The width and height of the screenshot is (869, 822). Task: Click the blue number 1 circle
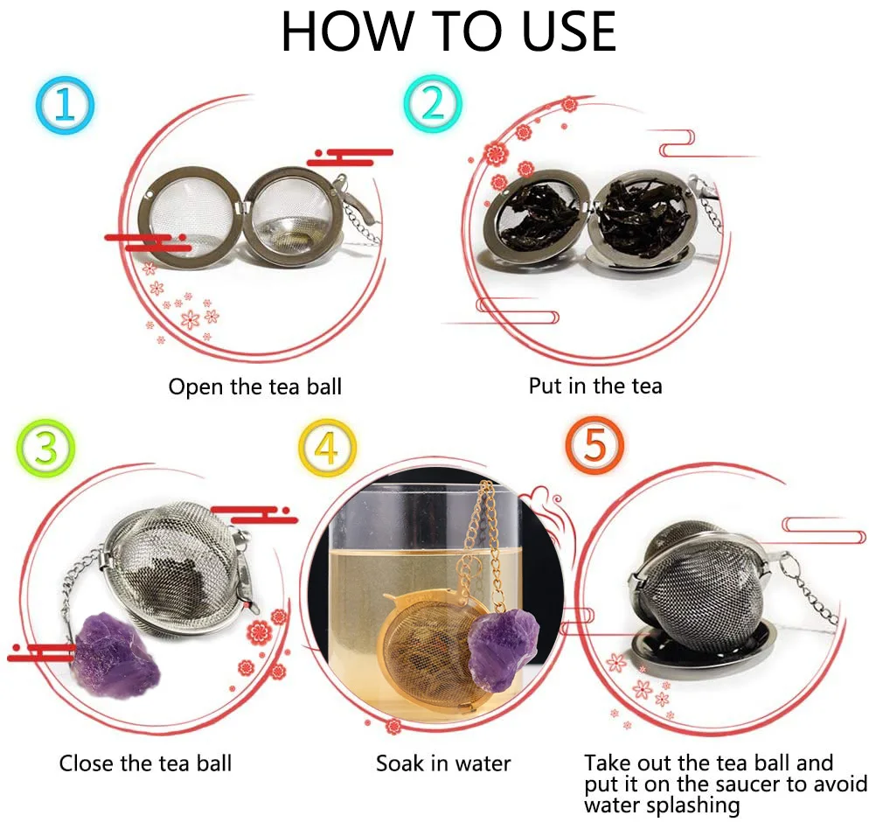click(x=65, y=105)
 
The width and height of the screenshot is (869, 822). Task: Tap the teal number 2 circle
click(x=433, y=103)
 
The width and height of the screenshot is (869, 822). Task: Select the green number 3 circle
click(x=45, y=448)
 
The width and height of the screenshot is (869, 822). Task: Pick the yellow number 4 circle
click(x=327, y=448)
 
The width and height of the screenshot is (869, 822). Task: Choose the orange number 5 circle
click(x=594, y=445)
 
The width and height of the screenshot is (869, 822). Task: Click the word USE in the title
click(x=568, y=31)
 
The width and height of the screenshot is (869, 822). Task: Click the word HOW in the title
click(x=348, y=31)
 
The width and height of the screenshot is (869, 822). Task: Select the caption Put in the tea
click(x=595, y=386)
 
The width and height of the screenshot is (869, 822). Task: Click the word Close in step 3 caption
click(x=87, y=763)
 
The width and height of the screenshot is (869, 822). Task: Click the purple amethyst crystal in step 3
click(x=115, y=655)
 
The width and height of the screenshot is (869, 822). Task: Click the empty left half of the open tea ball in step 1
click(x=190, y=217)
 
